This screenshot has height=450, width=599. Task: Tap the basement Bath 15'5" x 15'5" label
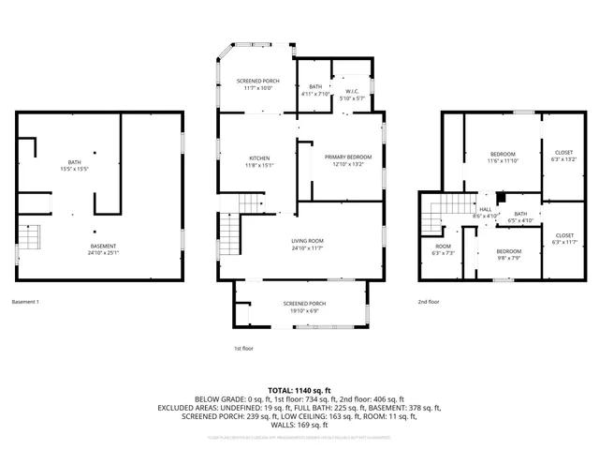click(x=74, y=165)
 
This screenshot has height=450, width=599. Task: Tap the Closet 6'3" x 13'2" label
click(x=564, y=156)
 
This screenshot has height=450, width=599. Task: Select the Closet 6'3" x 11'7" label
click(x=564, y=239)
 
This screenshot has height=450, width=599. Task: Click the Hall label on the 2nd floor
click(x=486, y=213)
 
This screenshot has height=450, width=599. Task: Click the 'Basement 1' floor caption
click(x=25, y=302)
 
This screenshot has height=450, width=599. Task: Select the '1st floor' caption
click(x=243, y=348)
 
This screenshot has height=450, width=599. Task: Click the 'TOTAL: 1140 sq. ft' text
click(x=299, y=390)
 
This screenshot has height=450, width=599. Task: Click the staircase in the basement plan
click(x=31, y=237)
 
